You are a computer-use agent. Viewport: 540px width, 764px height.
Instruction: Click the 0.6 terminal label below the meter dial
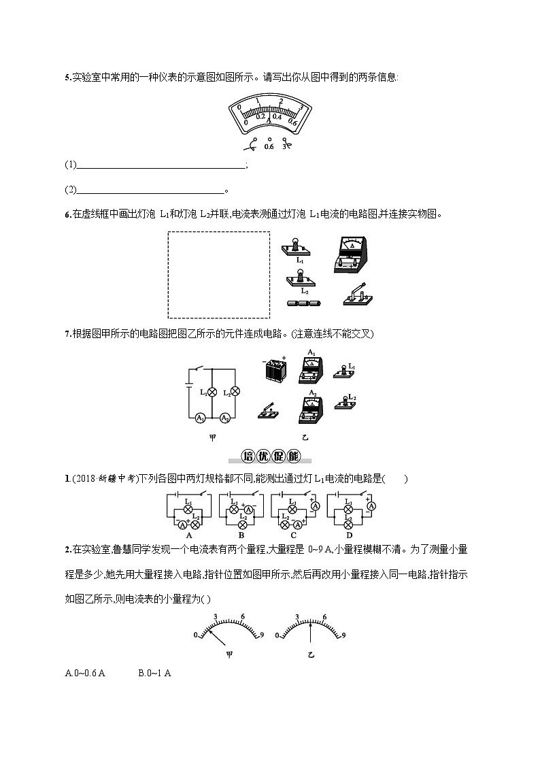click(x=269, y=146)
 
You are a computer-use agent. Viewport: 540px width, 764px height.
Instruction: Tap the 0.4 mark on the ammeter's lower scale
click(x=277, y=116)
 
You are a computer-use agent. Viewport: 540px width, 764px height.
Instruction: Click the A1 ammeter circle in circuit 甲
click(x=201, y=418)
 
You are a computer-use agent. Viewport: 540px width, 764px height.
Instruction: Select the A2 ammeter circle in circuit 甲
click(x=224, y=418)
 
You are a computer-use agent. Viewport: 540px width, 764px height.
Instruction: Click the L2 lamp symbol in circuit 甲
click(x=235, y=391)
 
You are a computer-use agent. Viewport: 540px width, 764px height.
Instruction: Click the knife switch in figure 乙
click(x=268, y=409)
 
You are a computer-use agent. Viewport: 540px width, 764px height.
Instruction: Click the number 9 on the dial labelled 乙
click(x=343, y=635)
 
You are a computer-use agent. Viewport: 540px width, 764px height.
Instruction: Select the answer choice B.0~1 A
click(x=154, y=674)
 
